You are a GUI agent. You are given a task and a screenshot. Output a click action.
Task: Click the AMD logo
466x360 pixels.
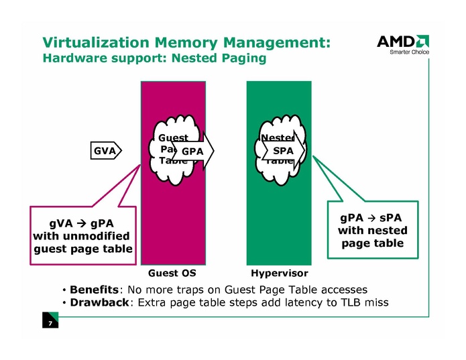(x=402, y=42)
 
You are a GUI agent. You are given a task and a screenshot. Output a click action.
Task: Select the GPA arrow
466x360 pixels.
(x=193, y=152)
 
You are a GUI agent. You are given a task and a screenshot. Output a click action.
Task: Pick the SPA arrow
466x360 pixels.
(x=284, y=152)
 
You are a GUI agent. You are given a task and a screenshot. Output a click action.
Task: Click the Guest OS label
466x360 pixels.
(x=172, y=274)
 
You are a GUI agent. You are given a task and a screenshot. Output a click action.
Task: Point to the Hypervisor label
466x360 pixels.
(x=279, y=274)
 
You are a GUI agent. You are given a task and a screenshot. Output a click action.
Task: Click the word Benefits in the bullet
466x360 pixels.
(x=94, y=290)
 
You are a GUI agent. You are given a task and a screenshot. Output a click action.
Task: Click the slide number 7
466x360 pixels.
(x=50, y=324)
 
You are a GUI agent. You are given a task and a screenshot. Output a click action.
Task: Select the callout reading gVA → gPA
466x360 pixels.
(x=81, y=235)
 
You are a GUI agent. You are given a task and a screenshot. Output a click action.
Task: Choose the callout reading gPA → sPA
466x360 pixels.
(x=372, y=231)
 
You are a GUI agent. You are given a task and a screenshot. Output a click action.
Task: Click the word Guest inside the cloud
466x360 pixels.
(x=173, y=138)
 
